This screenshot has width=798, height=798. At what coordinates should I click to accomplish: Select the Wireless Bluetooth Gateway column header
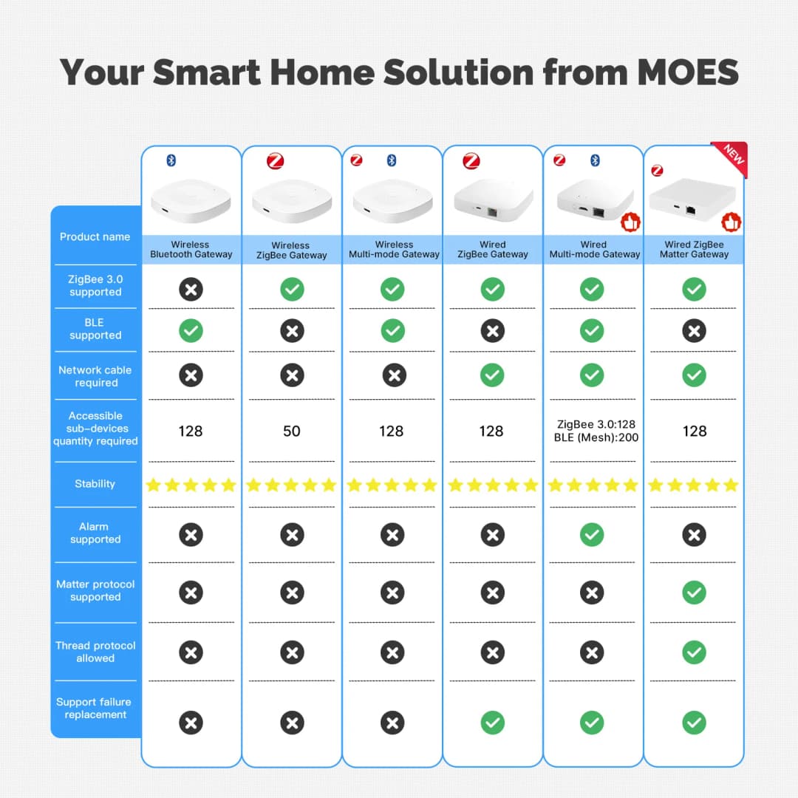pyautogui.click(x=191, y=250)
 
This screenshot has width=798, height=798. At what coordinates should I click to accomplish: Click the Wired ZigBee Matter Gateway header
pyautogui.click(x=694, y=250)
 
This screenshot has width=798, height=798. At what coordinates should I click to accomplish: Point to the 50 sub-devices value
pyautogui.click(x=292, y=431)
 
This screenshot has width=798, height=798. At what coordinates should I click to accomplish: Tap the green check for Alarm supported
pyautogui.click(x=592, y=534)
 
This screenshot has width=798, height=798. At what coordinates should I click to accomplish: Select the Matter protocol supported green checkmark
pyautogui.click(x=694, y=592)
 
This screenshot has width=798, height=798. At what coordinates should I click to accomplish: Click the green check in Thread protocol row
pyautogui.click(x=694, y=652)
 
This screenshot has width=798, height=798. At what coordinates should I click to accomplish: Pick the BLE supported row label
pyautogui.click(x=95, y=329)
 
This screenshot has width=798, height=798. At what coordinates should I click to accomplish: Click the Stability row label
pyautogui.click(x=95, y=484)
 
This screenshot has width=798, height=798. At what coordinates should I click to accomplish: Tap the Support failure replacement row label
pyautogui.click(x=95, y=708)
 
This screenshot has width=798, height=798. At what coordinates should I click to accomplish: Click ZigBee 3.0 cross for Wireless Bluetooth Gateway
pyautogui.click(x=191, y=289)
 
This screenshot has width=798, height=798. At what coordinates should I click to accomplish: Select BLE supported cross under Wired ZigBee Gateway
pyautogui.click(x=493, y=331)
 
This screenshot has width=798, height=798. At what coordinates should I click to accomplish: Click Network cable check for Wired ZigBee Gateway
pyautogui.click(x=493, y=375)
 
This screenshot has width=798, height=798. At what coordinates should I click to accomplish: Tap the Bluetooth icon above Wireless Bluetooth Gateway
pyautogui.click(x=171, y=160)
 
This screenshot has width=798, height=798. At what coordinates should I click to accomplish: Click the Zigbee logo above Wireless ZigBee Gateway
pyautogui.click(x=276, y=161)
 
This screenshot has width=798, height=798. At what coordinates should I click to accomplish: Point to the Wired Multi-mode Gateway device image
pyautogui.click(x=593, y=200)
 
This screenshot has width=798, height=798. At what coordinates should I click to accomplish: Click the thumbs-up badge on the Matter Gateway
pyautogui.click(x=731, y=221)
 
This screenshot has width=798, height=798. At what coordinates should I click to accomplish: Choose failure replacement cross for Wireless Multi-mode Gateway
pyautogui.click(x=392, y=723)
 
